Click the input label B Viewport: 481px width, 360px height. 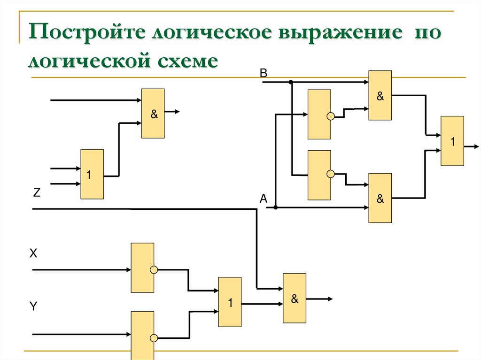(263, 73)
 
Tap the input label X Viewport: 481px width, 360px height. (33, 254)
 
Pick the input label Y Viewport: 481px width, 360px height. (33, 306)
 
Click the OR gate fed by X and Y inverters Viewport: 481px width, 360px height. (230, 302)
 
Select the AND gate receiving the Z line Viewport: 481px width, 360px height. (295, 298)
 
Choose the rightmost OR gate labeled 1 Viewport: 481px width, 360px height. (452, 141)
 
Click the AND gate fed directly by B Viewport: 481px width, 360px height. (380, 95)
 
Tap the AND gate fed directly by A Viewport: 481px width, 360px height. (380, 198)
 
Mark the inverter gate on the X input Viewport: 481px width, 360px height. (142, 268)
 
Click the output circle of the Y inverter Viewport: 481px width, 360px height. (154, 337)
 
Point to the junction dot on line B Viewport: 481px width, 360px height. (291, 82)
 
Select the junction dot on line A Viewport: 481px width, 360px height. (276, 207)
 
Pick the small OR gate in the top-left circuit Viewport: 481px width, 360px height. (92, 174)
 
